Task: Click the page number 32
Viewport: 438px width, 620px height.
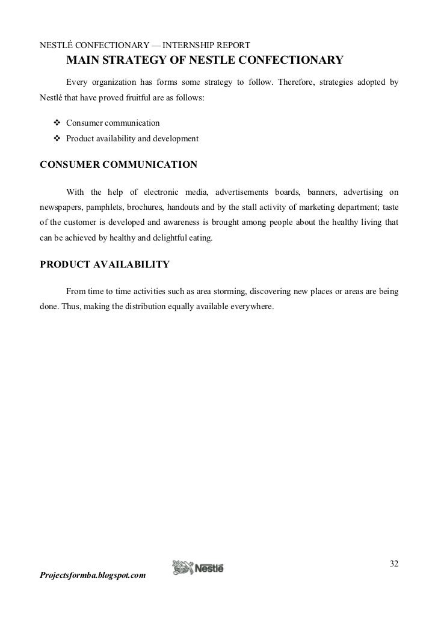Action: [393, 563]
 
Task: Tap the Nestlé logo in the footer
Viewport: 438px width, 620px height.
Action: [198, 568]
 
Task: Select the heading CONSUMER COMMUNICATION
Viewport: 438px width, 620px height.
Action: [118, 164]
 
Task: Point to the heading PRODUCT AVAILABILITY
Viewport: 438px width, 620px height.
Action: [104, 264]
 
